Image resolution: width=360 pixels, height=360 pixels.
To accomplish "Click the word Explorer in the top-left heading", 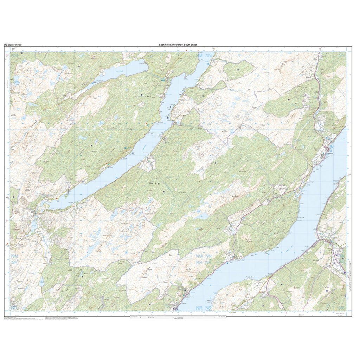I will [12, 45].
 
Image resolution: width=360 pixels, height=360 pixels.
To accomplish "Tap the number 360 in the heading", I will [19, 45].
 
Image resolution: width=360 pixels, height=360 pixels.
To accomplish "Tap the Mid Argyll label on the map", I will [156, 183].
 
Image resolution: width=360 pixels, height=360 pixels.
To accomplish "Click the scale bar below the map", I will [178, 316].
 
